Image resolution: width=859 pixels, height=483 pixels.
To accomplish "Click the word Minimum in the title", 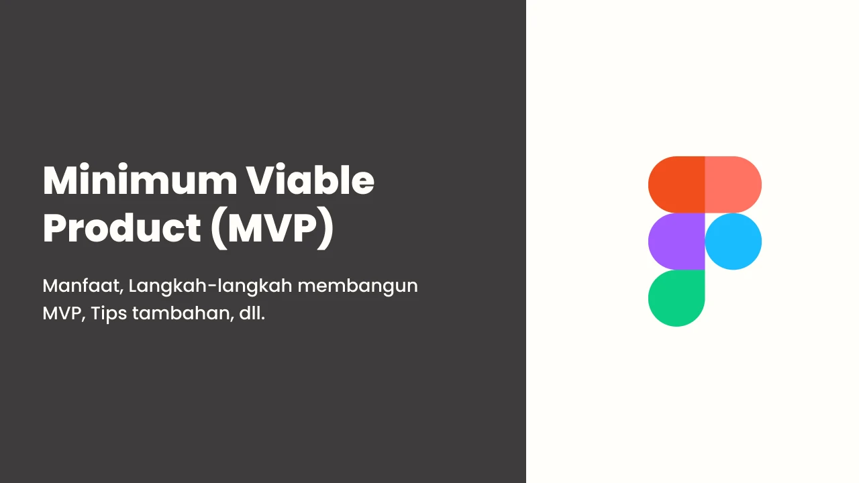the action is (140, 180).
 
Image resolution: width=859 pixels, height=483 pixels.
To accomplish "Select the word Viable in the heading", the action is (310, 180).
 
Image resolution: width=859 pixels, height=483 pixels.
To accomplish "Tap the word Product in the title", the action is (122, 227).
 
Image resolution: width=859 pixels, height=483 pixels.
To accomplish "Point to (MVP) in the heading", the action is (272, 229).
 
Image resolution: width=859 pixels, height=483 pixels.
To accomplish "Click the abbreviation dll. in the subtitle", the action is (252, 313).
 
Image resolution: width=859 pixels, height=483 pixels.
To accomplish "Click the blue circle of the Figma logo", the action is (734, 241).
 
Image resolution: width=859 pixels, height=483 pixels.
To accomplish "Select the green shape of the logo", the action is (676, 299).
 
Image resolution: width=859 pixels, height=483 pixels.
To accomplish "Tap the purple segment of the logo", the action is (676, 241).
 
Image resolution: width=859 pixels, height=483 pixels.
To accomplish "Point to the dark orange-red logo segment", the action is (676, 184).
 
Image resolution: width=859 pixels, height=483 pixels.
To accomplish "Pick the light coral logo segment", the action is (734, 184).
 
